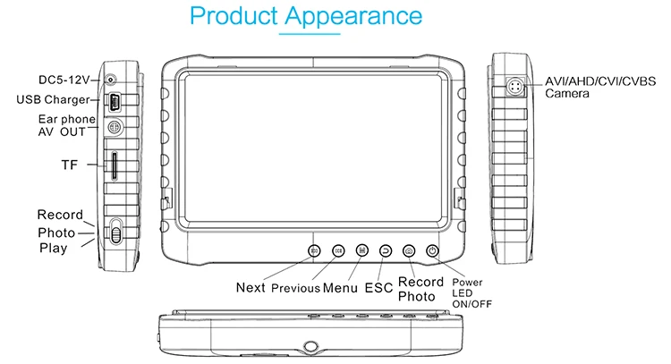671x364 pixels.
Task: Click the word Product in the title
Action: [234, 16]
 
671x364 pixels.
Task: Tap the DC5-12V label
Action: [64, 80]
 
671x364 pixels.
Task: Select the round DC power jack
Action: [111, 80]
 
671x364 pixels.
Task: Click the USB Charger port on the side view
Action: [115, 102]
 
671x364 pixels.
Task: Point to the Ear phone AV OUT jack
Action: [115, 127]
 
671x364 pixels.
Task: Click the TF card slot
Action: [115, 165]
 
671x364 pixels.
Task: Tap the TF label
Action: [69, 165]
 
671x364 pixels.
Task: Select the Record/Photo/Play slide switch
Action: [115, 232]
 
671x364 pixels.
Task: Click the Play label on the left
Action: [53, 248]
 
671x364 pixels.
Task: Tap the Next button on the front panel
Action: [315, 251]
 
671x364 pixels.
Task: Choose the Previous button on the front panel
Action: [338, 251]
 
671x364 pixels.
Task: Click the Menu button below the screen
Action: [362, 250]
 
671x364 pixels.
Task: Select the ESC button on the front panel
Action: [386, 251]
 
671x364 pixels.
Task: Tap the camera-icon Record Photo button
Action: [409, 251]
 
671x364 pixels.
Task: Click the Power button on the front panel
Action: [432, 251]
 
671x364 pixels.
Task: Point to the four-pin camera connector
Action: [515, 87]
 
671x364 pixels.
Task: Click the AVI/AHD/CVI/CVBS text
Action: [600, 81]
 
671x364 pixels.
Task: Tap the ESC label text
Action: [378, 288]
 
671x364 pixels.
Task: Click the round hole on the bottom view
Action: [310, 346]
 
